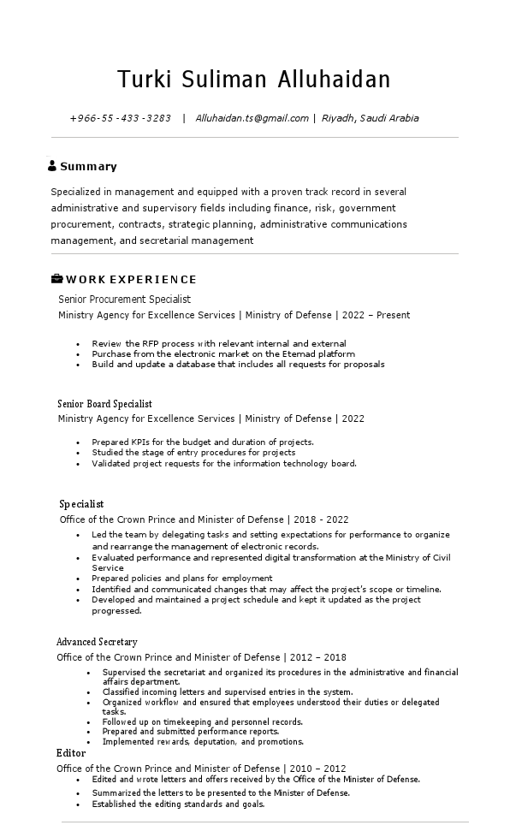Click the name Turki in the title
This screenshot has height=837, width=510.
click(x=145, y=80)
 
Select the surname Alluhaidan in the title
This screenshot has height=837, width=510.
click(x=334, y=80)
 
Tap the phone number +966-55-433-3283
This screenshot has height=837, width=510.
click(x=120, y=118)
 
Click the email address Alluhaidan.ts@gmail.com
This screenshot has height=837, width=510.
click(x=252, y=118)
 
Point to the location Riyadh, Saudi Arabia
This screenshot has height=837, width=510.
click(x=371, y=118)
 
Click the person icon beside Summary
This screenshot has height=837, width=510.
click(x=52, y=166)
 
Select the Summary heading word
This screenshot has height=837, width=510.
click(x=88, y=167)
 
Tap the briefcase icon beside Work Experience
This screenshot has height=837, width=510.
click(x=56, y=279)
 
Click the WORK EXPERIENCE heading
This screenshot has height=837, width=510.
click(x=131, y=280)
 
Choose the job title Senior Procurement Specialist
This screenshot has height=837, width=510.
click(x=124, y=300)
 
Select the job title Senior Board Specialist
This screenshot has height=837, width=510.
click(x=104, y=403)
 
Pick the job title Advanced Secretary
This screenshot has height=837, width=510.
click(x=97, y=642)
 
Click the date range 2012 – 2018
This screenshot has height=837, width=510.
click(x=318, y=657)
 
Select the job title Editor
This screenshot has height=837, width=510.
click(x=71, y=753)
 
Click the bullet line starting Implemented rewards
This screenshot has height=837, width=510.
click(x=203, y=742)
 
